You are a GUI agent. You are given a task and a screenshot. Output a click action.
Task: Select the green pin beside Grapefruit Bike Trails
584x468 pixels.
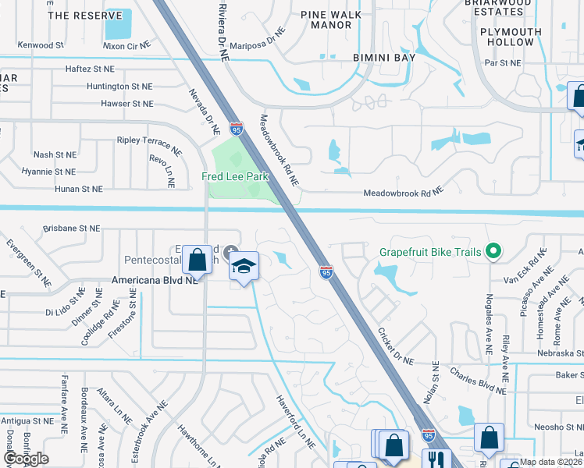(493, 251)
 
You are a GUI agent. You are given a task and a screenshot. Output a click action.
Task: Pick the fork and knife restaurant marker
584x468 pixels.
(433, 460)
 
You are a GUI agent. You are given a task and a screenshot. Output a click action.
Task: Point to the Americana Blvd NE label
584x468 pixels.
(153, 280)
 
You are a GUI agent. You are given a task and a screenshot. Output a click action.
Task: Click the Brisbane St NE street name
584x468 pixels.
(72, 229)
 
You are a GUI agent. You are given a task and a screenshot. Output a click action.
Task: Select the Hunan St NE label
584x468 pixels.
(79, 189)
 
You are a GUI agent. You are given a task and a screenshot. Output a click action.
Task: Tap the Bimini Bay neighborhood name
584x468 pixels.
(383, 58)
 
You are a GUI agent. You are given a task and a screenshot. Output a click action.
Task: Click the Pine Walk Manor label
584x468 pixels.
(332, 19)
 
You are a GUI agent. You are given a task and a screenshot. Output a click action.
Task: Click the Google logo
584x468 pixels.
(27, 459)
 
